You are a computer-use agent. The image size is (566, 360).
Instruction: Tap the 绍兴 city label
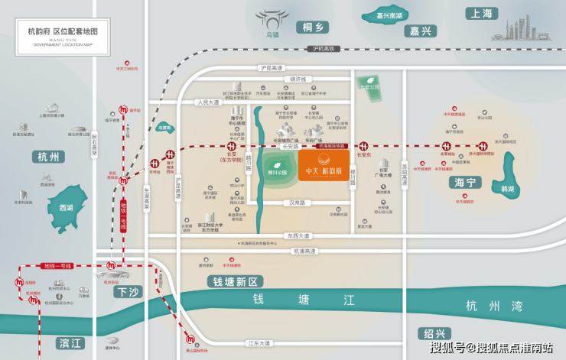[x=435, y=334]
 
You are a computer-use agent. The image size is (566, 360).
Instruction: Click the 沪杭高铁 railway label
[x=324, y=50]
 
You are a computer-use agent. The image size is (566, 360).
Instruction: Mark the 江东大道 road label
[x=259, y=344]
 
